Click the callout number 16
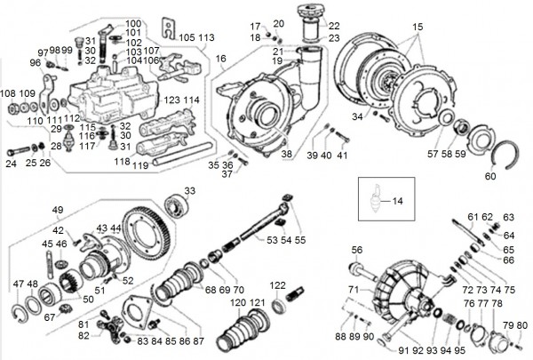[x=221, y=58]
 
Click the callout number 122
[x=278, y=284]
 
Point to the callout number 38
[x=286, y=154]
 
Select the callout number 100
[x=132, y=23]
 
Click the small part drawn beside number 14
[x=378, y=200]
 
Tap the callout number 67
[x=51, y=316]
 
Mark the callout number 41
[x=341, y=156]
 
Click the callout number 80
[x=521, y=324]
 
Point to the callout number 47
[x=19, y=284]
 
